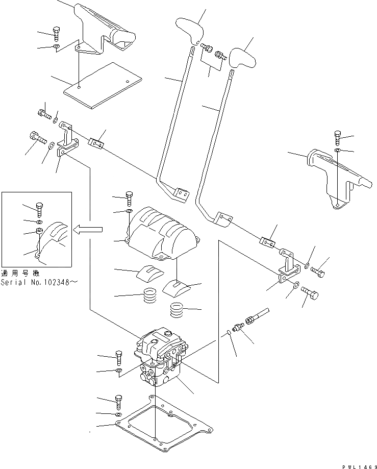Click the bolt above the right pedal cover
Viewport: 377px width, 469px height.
tap(337, 137)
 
